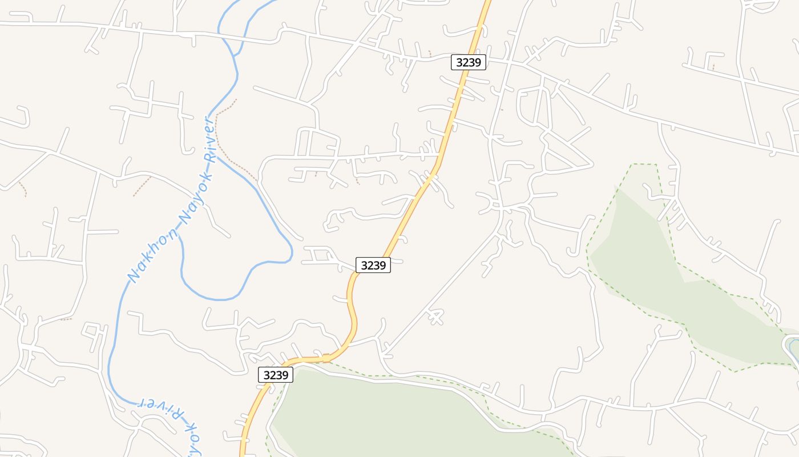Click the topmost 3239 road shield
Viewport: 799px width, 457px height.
coord(469,62)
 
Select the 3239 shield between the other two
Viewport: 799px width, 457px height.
coord(373,265)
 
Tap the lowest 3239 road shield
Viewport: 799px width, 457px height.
coord(276,375)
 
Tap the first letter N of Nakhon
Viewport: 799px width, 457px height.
coord(134,278)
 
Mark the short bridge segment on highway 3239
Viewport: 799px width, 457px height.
coord(326,358)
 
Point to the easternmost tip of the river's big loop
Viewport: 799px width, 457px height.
coord(292,251)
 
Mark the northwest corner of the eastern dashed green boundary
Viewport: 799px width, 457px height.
coord(632,165)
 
